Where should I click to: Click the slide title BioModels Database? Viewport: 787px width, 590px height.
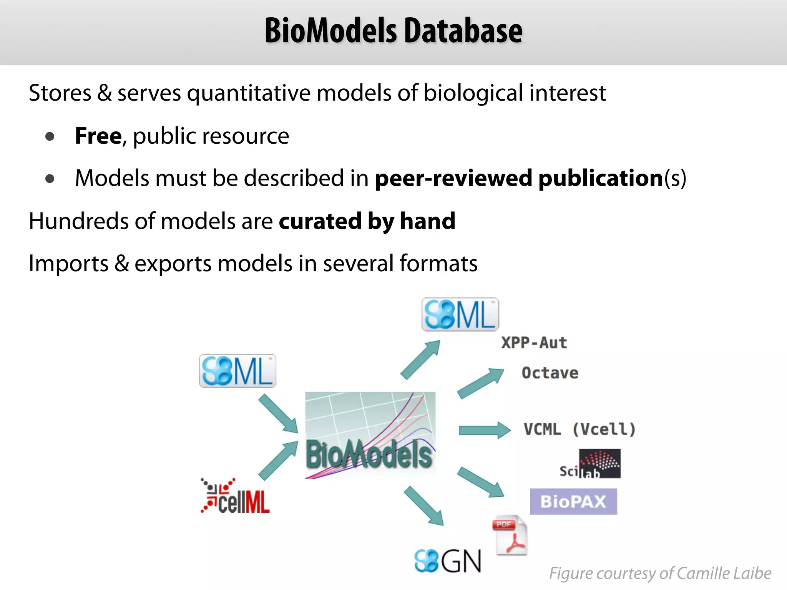[393, 31]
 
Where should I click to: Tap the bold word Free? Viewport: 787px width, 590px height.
[98, 136]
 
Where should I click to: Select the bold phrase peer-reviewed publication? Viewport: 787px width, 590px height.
[519, 178]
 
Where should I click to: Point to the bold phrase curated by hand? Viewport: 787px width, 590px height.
[367, 221]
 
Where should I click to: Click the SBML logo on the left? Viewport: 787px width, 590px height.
[237, 371]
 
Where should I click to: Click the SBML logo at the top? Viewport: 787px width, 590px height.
[460, 315]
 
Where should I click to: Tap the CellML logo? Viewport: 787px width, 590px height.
[235, 496]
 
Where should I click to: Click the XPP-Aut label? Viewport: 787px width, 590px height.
[534, 343]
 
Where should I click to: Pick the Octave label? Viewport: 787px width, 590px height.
[550, 373]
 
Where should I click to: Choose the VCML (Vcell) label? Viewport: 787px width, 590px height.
[579, 429]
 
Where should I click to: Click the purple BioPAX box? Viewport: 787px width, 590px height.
[573, 502]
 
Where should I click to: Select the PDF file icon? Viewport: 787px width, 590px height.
[510, 535]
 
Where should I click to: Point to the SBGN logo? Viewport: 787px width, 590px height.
[448, 561]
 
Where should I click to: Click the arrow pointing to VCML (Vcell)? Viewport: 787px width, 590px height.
[485, 430]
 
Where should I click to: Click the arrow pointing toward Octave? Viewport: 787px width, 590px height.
[481, 383]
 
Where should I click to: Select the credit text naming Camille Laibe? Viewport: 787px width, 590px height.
[660, 573]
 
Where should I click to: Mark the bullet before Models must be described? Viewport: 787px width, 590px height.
[50, 179]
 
